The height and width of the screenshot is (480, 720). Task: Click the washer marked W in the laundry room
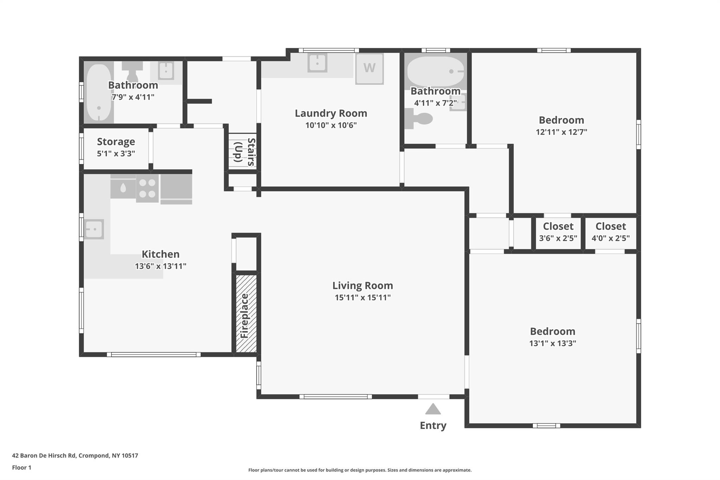[x=369, y=69]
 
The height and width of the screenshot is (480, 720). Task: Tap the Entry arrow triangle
[x=433, y=409]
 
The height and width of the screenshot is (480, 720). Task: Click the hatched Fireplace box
[x=246, y=313]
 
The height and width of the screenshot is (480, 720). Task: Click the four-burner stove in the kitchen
[x=147, y=188]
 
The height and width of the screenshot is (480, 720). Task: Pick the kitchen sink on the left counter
[x=94, y=229]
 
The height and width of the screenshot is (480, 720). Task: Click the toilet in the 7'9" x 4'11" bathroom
[x=133, y=72]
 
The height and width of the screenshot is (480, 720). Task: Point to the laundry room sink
[x=317, y=63]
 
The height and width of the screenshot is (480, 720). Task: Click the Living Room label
[x=362, y=286]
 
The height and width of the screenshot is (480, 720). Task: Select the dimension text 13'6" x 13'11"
[x=161, y=266]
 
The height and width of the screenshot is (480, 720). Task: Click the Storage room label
[x=116, y=142]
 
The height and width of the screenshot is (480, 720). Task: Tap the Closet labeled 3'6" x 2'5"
[x=558, y=226]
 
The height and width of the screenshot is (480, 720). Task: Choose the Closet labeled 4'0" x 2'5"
[x=611, y=226]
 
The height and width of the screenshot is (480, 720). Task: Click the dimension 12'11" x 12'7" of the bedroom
[x=561, y=132]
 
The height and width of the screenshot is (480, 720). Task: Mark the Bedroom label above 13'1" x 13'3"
[x=553, y=331]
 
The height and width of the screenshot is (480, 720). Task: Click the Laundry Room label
[x=331, y=113]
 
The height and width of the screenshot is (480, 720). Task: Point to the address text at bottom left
[x=75, y=456]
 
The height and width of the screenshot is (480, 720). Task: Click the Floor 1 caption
[x=22, y=468]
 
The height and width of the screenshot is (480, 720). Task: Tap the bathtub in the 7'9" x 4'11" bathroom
[x=99, y=92]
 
